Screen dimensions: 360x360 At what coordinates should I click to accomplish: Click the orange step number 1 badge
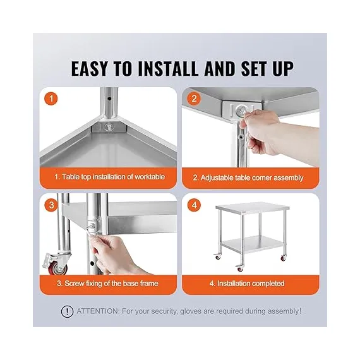(x=51, y=99)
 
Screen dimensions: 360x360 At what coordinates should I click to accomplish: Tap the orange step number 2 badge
(x=194, y=99)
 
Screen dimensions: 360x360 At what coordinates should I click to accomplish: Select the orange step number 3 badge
(x=51, y=205)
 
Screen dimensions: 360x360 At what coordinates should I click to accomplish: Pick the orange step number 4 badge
(x=195, y=205)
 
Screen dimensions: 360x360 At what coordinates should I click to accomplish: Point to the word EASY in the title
(x=89, y=68)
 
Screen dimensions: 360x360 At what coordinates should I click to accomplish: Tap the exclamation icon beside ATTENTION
(x=67, y=311)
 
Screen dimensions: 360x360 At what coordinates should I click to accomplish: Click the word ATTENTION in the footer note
(x=98, y=311)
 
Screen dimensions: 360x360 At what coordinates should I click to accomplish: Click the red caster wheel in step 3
(x=57, y=268)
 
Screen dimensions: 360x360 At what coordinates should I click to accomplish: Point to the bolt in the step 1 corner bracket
(x=109, y=127)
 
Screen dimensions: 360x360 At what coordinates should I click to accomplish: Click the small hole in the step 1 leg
(x=109, y=99)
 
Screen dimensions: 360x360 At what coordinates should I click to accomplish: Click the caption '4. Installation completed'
(x=247, y=284)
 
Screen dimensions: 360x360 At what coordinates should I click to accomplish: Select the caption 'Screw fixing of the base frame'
(x=111, y=284)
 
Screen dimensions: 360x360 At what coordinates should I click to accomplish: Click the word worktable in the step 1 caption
(x=150, y=177)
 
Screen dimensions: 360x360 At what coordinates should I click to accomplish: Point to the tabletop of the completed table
(x=253, y=207)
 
